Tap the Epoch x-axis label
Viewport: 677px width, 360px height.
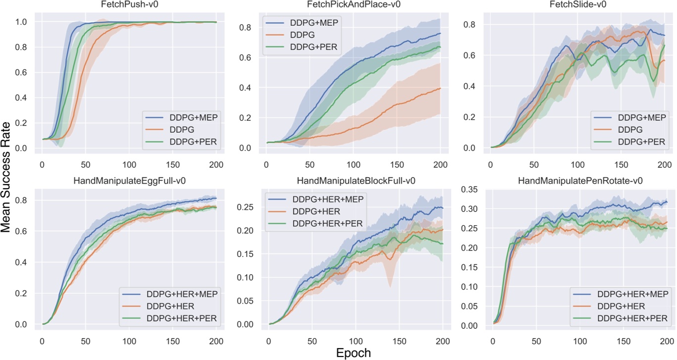354,353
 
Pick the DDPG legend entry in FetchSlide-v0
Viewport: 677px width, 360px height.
631,130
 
